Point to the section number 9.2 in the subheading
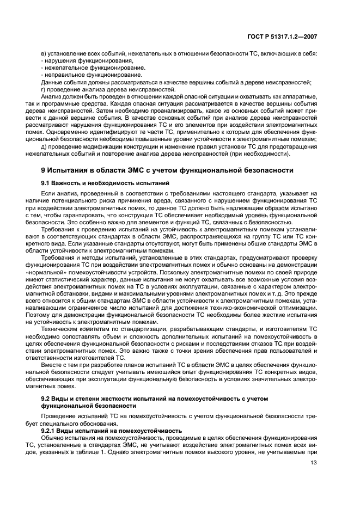point(47,399)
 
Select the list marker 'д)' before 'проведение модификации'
point(44,146)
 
